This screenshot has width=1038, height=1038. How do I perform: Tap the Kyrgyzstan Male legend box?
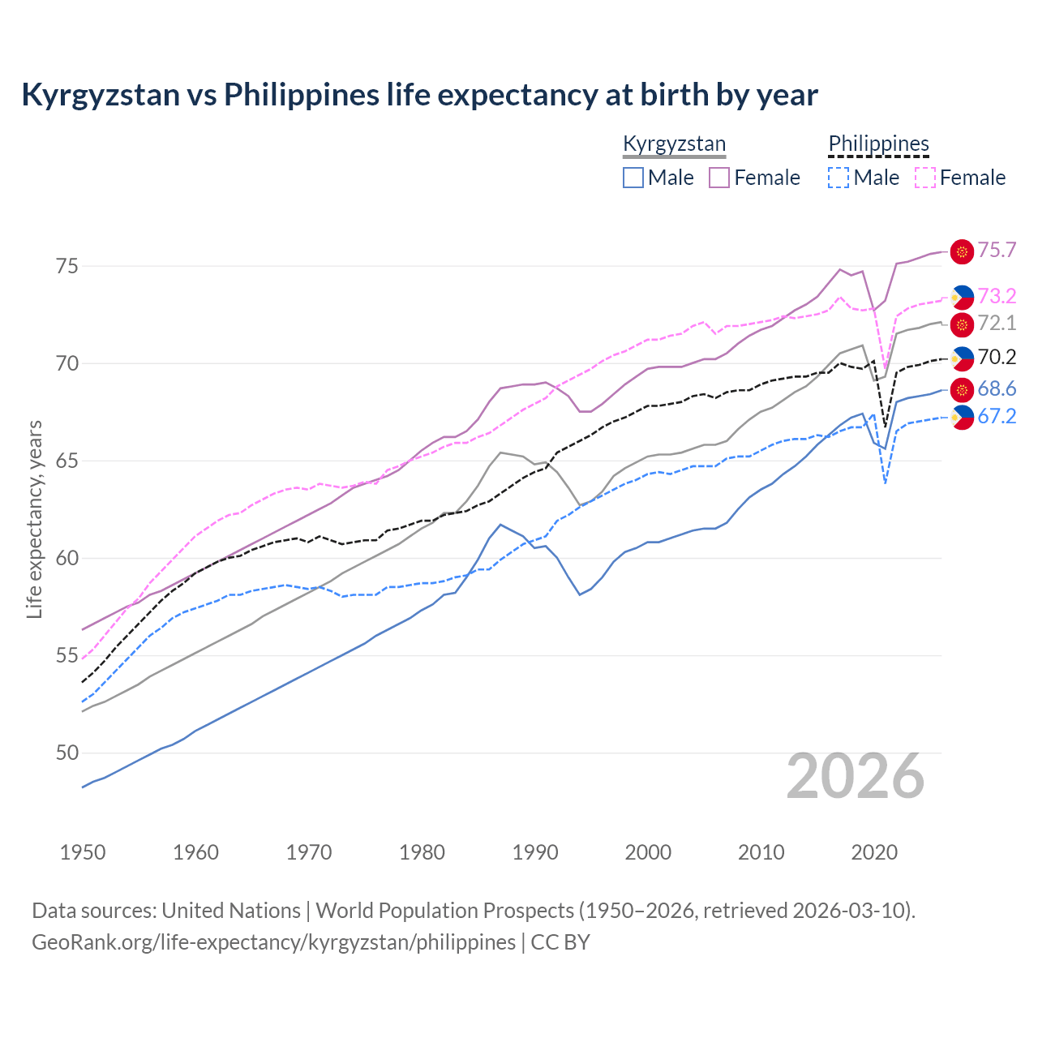[x=633, y=178]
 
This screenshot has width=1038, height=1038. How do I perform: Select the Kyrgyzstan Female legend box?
[x=719, y=178]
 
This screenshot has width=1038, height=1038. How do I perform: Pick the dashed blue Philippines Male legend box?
[x=839, y=178]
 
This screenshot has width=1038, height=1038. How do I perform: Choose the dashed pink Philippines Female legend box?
[x=925, y=178]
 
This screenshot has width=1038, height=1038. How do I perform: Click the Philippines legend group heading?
[x=878, y=144]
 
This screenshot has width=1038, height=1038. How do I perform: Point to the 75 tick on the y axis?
[x=67, y=266]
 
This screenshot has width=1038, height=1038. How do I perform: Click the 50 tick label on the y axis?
[x=67, y=753]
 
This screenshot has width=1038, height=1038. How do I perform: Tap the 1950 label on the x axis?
[x=83, y=852]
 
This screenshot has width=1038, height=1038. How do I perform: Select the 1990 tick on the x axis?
[x=535, y=852]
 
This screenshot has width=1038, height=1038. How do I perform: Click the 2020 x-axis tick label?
[x=874, y=852]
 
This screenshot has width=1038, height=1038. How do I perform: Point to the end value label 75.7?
[x=997, y=251]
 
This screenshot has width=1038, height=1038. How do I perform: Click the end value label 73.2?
[x=997, y=296]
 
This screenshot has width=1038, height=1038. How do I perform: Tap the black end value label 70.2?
[x=997, y=358]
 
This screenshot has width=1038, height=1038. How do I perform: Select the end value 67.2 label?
[x=997, y=417]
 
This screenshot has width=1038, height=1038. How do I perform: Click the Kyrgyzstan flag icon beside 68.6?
[x=962, y=390]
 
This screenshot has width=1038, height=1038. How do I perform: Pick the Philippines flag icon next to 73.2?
[x=962, y=297]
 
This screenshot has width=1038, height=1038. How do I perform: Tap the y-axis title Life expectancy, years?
[x=34, y=519]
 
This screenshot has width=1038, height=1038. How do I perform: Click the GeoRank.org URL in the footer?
[x=273, y=942]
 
